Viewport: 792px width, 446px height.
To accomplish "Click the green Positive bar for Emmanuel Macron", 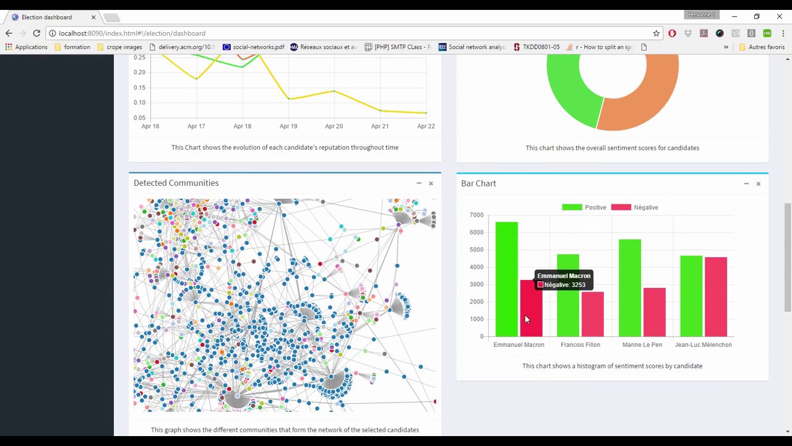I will [506, 279].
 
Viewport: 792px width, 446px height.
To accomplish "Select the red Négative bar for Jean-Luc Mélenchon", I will [715, 297].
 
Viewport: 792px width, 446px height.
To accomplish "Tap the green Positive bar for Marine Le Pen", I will [629, 287].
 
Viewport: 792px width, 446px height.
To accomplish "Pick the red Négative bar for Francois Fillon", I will [592, 314].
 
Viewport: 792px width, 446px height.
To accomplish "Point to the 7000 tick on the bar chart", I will [476, 215].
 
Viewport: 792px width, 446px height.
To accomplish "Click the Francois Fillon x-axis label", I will [580, 345].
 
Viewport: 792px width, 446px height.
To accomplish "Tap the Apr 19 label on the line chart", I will [288, 126].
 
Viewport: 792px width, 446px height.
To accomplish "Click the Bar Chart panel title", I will [478, 183].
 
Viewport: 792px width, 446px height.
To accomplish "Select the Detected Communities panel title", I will [176, 183].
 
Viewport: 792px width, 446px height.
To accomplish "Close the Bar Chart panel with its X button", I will [758, 184].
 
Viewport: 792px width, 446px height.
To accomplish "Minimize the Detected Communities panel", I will [419, 183].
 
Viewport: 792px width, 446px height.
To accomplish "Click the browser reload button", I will [37, 33].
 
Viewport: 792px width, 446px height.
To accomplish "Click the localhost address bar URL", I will [132, 33].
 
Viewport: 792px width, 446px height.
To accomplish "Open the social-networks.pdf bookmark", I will [253, 47].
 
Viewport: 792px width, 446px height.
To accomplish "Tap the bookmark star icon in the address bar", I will [656, 33].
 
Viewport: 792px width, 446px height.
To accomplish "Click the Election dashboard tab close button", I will [93, 17].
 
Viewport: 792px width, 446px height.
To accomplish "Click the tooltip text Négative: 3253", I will [564, 285].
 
